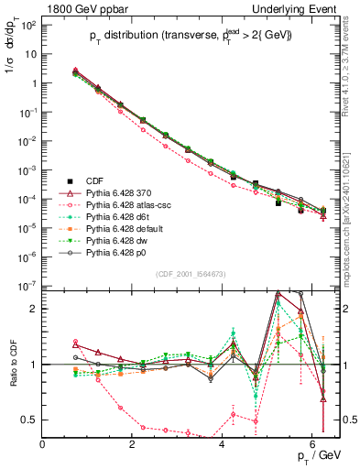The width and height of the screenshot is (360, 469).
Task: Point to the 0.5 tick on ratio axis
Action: point(30,420)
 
